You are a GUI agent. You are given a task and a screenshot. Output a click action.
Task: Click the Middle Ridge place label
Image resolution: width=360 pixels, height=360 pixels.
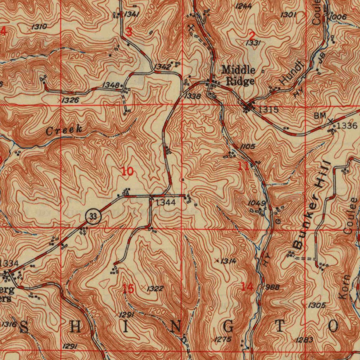pyautogui.click(x=238, y=75)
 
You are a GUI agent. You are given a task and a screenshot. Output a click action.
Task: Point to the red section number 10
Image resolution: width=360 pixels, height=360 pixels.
pyautogui.click(x=127, y=172)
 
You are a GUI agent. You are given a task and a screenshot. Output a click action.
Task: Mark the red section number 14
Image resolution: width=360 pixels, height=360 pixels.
pyautogui.click(x=247, y=287)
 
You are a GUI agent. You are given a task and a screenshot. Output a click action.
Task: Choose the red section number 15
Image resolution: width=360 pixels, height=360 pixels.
pyautogui.click(x=128, y=289)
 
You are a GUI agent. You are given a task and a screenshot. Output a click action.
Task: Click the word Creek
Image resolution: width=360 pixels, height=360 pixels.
pyautogui.click(x=64, y=130)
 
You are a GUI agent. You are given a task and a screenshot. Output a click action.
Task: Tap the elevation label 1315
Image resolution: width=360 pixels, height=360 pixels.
pyautogui.click(x=269, y=110)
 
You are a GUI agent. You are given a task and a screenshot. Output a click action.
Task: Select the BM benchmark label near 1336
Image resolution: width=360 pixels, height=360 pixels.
pyautogui.click(x=320, y=115)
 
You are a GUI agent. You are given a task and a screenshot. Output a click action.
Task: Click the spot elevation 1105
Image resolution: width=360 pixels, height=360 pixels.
pyautogui.click(x=248, y=146)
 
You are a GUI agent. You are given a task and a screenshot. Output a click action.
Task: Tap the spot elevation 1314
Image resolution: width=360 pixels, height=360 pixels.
pyautogui.click(x=229, y=261)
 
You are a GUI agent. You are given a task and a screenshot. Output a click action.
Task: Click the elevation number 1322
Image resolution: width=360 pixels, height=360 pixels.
pyautogui.click(x=155, y=289)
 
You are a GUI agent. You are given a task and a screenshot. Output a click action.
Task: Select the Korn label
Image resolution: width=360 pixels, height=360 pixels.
pyautogui.click(x=345, y=287)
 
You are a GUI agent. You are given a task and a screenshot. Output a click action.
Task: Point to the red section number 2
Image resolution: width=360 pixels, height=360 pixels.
pyautogui.click(x=251, y=36)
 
